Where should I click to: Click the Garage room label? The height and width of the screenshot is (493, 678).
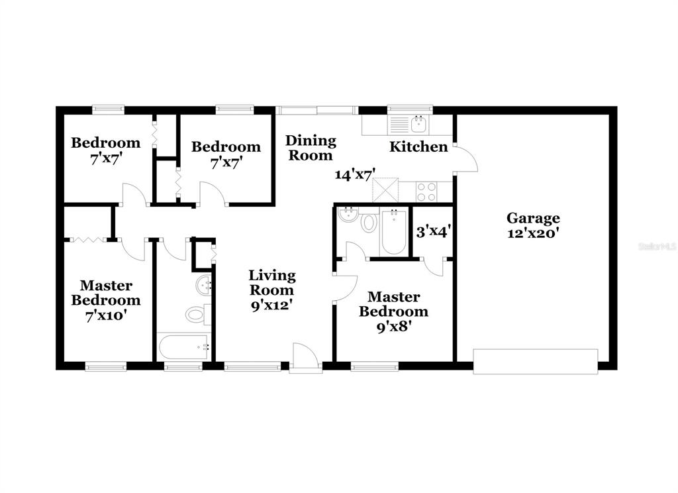coord(533,218)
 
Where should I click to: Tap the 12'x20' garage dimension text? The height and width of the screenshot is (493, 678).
coord(534,233)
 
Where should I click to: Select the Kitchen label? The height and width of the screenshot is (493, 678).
coord(418,146)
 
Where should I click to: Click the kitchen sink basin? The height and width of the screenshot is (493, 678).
coord(419,125)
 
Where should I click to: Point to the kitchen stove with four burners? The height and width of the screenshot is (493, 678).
coord(426,192)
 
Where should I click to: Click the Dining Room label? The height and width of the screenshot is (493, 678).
coord(311,148)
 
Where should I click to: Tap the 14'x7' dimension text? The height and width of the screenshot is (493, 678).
coord(355,174)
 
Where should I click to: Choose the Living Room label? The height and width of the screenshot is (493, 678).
coord(272,282)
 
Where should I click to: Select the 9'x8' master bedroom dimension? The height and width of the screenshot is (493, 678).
coord(393,327)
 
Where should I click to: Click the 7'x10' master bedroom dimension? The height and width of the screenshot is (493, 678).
coord(106,316)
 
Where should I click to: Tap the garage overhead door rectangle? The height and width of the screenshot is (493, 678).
coord(535,361)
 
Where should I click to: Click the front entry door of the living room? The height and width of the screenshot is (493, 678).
coord(305,358)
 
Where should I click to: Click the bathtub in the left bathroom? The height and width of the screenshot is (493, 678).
coord(183,347)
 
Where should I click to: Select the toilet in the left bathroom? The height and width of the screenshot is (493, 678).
coord(198,314)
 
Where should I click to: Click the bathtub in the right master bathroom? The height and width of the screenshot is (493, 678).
coord(393,232)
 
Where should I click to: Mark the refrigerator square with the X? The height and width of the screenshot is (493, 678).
coord(385,190)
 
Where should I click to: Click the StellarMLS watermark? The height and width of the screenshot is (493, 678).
coord(657,246)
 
